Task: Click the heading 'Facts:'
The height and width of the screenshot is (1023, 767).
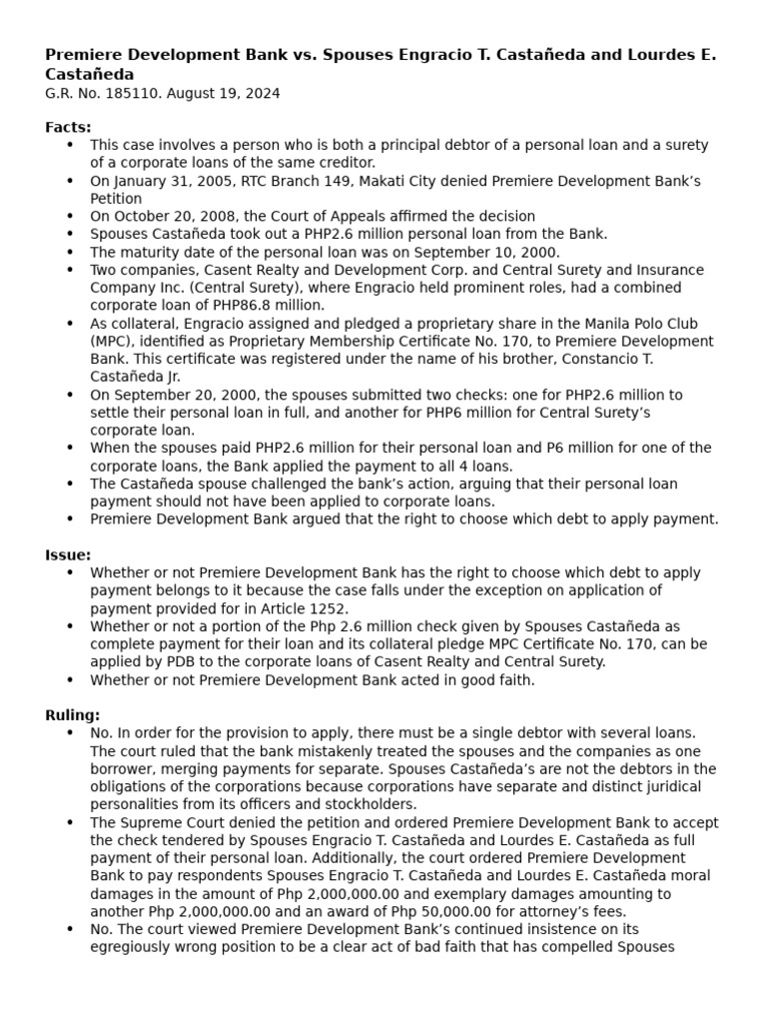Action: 68,127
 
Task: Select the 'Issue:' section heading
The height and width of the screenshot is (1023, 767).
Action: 68,554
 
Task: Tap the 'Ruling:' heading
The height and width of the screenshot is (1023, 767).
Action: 72,715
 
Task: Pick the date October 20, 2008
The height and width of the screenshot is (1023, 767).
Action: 166,216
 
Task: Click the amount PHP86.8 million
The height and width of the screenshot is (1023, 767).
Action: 275,306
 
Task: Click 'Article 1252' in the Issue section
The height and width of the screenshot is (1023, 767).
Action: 305,608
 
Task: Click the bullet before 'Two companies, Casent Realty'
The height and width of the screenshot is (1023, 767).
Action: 70,271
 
